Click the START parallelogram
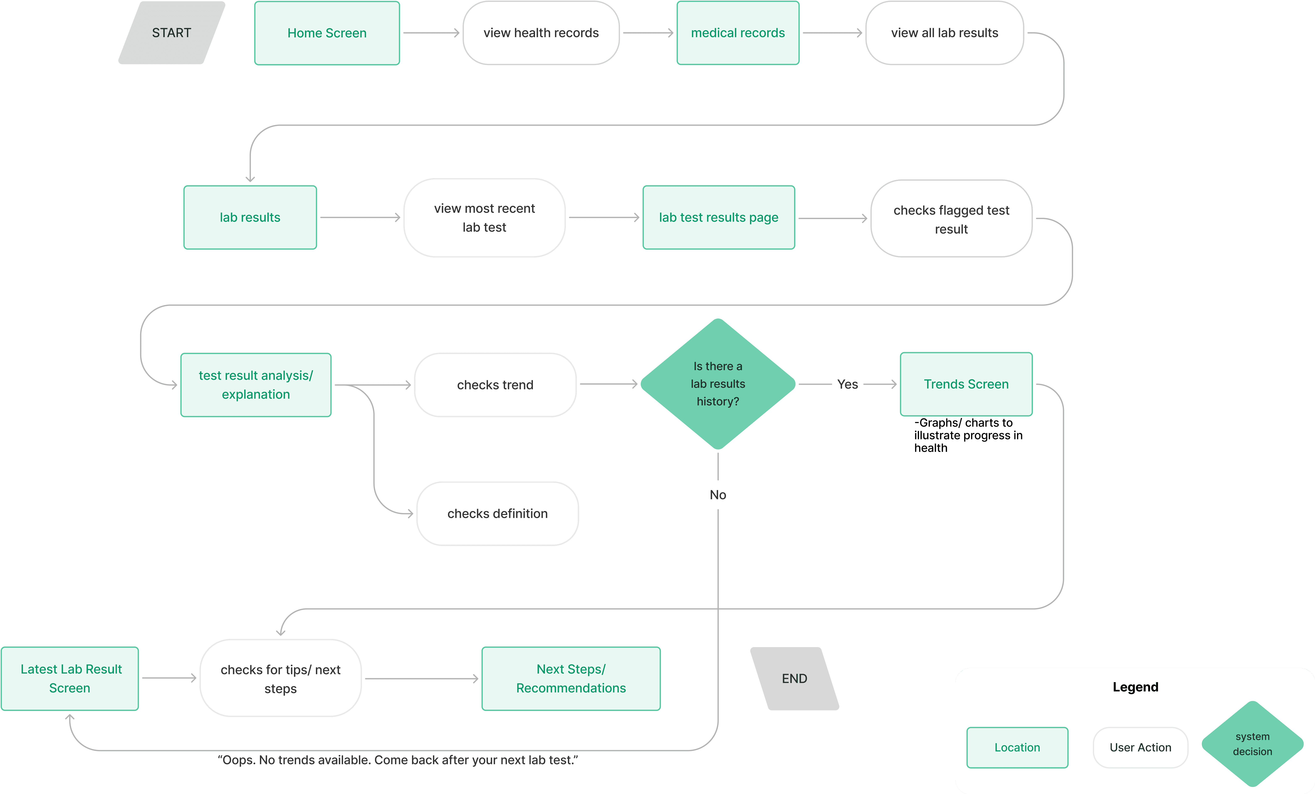point(171,33)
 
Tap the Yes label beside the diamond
point(848,384)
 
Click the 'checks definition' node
point(497,513)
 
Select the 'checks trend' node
point(495,385)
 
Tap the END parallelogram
point(795,678)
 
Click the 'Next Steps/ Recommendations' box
point(571,678)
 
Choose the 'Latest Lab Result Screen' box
point(70,678)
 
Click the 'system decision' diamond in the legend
point(1252,744)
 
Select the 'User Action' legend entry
point(1140,747)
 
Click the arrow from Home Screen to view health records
point(431,33)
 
